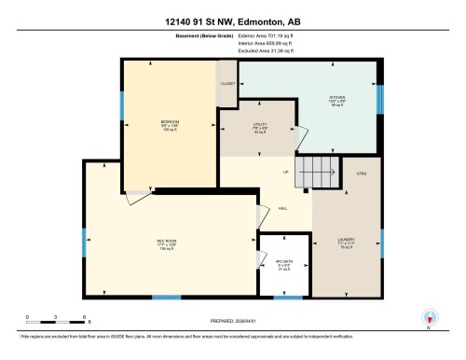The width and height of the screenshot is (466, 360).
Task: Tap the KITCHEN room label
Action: (x=337, y=97)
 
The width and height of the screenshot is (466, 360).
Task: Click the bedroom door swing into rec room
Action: (x=137, y=194)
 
